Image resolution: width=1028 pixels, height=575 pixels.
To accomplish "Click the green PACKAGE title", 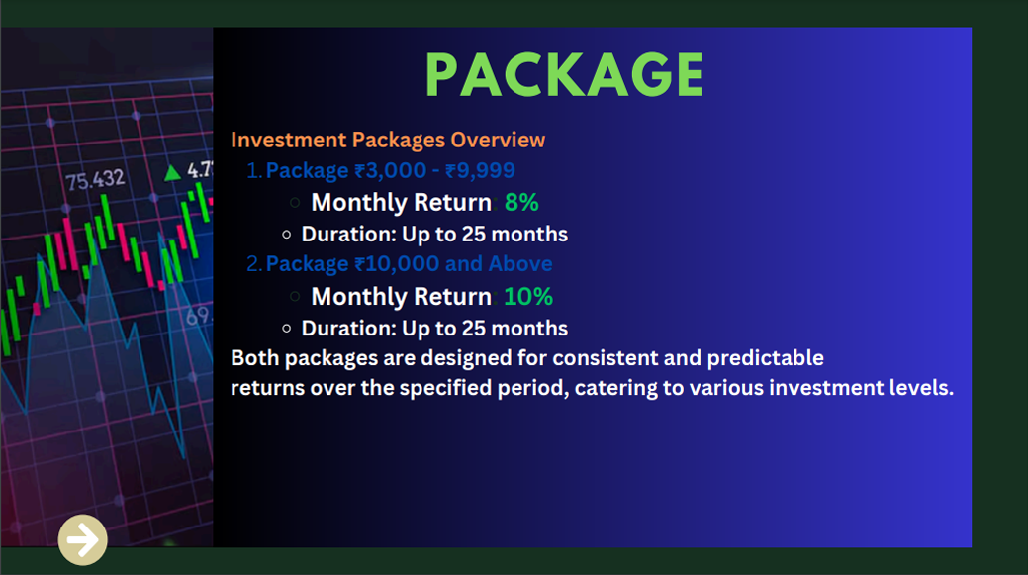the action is coord(565,75).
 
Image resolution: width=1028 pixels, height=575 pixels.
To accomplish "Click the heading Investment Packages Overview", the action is coord(388,140).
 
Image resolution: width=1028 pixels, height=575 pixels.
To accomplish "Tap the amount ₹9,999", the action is coord(480,170).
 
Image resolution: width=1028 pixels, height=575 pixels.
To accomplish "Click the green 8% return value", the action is coord(521,203).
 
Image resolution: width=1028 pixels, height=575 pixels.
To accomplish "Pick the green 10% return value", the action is coord(528,297).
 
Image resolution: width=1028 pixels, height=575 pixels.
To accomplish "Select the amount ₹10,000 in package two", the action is coord(397,263).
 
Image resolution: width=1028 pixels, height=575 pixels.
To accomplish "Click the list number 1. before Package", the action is coord(254,170).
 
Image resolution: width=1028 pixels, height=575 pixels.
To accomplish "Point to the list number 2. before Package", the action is coord(254,263).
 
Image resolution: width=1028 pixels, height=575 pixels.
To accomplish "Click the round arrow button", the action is coord(82,539).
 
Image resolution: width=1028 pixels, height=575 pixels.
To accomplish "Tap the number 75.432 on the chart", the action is coord(95,179).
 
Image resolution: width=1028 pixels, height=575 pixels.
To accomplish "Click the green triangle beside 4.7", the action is coord(172,172).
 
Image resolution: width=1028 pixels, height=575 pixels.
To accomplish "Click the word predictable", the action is coord(765,358).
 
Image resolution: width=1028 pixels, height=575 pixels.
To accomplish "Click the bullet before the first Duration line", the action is coord(287,235).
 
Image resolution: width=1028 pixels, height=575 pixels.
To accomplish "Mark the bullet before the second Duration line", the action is coord(287,329).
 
